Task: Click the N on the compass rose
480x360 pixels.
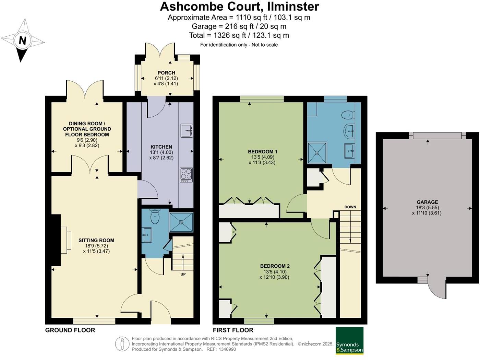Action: (x=22, y=40)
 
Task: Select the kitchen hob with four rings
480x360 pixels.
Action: (x=186, y=175)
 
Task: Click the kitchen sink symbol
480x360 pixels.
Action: (x=187, y=131)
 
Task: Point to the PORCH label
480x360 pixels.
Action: (x=166, y=73)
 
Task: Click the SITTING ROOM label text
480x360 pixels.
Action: (x=96, y=240)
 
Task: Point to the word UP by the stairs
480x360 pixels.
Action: (x=183, y=274)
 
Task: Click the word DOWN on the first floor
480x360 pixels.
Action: (x=350, y=207)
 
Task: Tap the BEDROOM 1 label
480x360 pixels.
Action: (x=263, y=151)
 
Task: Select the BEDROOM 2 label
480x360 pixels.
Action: (x=275, y=266)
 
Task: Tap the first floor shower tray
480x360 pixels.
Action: (x=317, y=152)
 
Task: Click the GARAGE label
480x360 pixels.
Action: (x=427, y=202)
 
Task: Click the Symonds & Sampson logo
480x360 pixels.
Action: (x=349, y=340)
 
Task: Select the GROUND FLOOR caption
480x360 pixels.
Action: (x=70, y=330)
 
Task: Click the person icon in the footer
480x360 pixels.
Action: (x=122, y=344)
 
